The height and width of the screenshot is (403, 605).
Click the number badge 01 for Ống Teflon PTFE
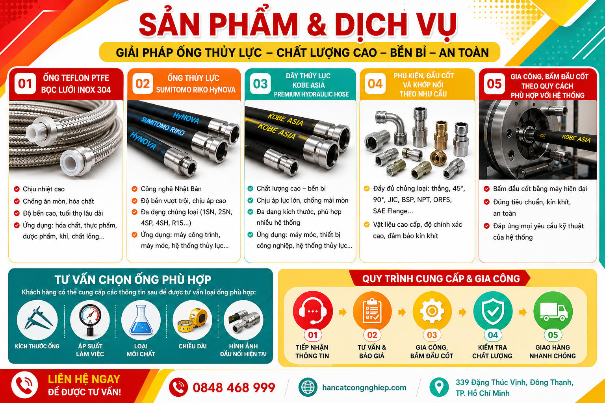pos(25,84)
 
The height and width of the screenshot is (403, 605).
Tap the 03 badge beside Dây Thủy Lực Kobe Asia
pos(260,84)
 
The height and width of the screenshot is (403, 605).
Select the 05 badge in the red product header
pos(494,84)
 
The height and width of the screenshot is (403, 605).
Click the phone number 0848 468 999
pos(234,388)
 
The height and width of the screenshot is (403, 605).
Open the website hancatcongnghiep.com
pos(364,388)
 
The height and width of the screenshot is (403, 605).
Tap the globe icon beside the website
pos(308,387)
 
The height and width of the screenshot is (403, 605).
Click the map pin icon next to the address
pos(439,387)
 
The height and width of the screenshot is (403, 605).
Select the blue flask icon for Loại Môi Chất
pos(141,320)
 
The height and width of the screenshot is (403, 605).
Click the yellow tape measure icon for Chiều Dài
pos(192,320)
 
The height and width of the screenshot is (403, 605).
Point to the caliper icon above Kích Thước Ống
pos(37,319)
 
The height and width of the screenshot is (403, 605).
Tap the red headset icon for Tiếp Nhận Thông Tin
pos(313,311)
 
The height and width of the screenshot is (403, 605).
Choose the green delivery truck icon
pos(553,311)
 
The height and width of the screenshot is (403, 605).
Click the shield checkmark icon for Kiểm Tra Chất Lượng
pos(493,311)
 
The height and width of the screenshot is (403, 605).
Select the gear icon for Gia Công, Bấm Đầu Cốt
pos(432,311)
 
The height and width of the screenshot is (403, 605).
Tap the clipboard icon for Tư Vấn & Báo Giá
pos(372,311)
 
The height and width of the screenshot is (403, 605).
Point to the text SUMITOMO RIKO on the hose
pos(163,126)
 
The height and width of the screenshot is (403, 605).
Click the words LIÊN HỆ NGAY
pos(84,379)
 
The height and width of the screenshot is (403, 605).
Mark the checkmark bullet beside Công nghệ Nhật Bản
pos(134,189)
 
